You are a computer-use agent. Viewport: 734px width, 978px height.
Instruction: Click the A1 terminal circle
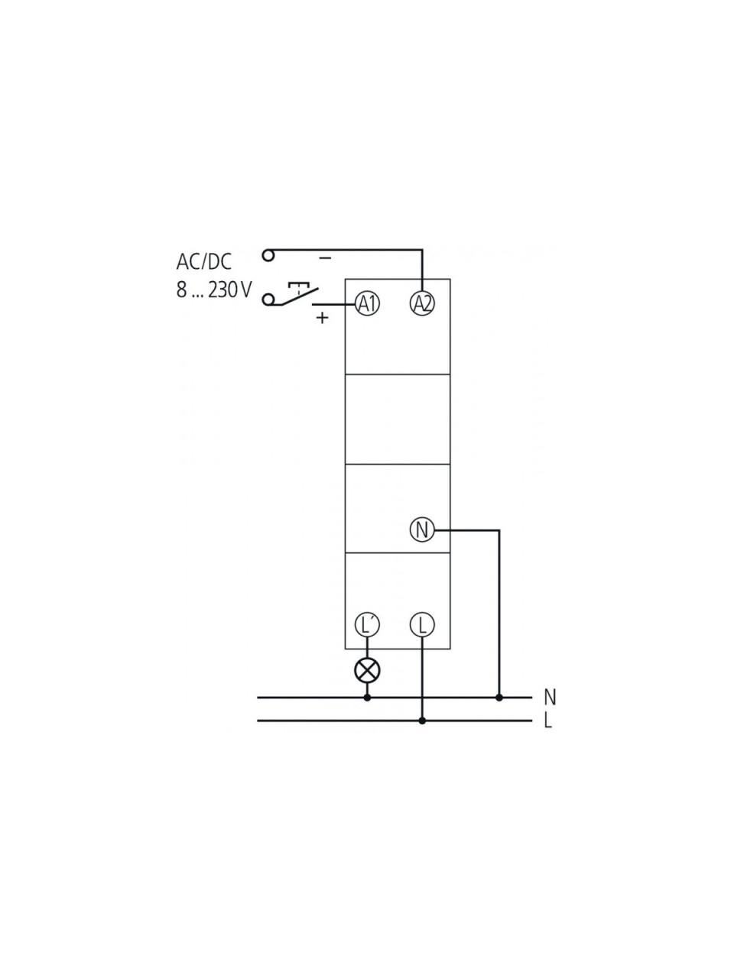(x=367, y=304)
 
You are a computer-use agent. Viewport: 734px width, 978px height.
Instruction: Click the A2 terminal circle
(x=422, y=304)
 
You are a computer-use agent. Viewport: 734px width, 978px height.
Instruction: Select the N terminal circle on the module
(x=422, y=530)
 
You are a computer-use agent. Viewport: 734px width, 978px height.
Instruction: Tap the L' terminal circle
(x=367, y=625)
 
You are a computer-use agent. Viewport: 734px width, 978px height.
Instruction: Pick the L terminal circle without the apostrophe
(x=422, y=625)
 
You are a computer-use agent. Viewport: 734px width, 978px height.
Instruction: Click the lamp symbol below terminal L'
(x=367, y=671)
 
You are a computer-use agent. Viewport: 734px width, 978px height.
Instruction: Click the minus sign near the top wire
(x=326, y=258)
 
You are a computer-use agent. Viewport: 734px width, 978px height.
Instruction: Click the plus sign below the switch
(x=322, y=318)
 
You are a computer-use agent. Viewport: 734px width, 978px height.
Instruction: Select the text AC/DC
(x=204, y=261)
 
